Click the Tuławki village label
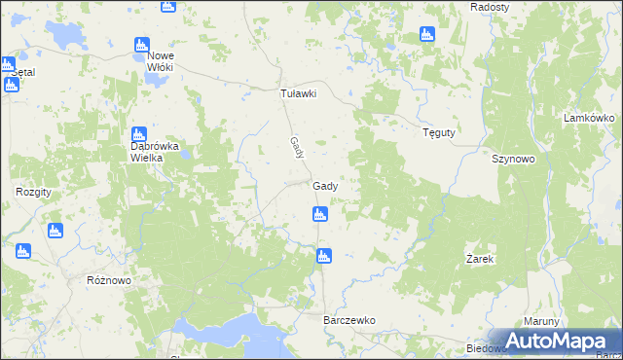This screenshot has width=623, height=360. (299, 93)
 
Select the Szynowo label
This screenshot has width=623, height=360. (514, 159)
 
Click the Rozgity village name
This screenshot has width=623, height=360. (33, 192)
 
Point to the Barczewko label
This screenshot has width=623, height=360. (348, 319)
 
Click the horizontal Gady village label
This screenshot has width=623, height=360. (325, 186)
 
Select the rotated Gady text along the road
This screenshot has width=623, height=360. (296, 148)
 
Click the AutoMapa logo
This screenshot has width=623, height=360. (560, 341)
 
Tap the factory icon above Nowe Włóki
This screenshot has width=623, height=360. (141, 45)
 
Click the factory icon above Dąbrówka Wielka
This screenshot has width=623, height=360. (138, 132)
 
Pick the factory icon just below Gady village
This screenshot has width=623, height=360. (318, 214)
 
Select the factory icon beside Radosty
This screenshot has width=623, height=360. (426, 35)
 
